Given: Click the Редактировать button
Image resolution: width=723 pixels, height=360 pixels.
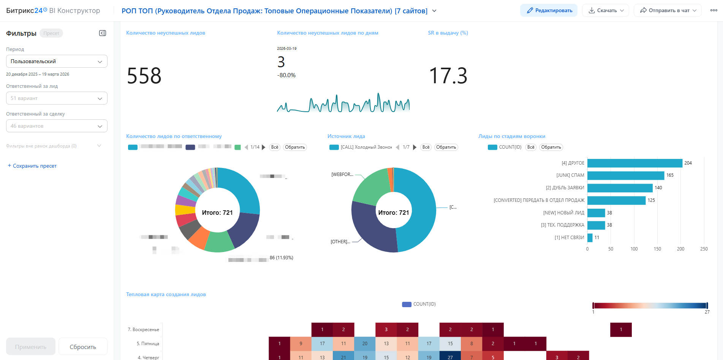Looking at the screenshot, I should [549, 11].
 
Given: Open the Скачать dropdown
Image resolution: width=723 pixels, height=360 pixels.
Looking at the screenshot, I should [606, 11].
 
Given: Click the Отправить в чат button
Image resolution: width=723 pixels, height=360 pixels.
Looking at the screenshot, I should [668, 11].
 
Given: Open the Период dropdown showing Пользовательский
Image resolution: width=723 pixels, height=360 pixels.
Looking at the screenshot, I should [57, 61].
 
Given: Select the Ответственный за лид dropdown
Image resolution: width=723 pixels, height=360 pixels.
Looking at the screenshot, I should [57, 98].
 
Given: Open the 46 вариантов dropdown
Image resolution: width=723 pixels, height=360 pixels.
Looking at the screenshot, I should [57, 126].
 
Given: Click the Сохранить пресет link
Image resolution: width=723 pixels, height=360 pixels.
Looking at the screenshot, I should [32, 166].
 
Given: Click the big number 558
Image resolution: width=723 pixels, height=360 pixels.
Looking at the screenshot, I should [144, 76].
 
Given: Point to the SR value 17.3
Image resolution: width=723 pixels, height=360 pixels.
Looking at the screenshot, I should [448, 76].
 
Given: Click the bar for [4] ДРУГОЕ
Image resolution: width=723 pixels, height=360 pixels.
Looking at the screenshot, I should [634, 163].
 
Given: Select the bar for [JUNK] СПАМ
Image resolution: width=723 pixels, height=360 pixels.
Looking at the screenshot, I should [625, 175].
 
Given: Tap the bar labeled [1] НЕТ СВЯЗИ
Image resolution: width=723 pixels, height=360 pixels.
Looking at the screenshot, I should [590, 238].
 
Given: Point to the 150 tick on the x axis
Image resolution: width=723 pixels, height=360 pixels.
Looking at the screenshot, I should [657, 249].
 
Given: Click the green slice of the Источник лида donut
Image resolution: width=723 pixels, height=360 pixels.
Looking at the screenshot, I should [370, 185].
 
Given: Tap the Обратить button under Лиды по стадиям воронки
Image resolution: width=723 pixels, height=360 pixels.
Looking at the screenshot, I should [551, 147].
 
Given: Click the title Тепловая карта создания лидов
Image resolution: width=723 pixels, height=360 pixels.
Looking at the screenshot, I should [166, 294].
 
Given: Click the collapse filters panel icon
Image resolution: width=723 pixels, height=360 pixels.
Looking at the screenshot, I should [103, 33].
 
